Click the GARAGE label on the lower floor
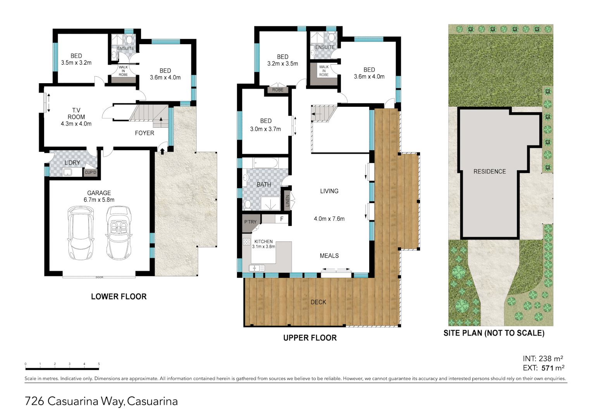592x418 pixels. click(x=99, y=193)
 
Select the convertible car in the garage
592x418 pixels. click(x=119, y=233)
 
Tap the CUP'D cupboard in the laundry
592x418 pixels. click(x=90, y=172)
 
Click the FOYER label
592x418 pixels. click(x=145, y=133)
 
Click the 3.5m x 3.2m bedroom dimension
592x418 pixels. click(x=76, y=63)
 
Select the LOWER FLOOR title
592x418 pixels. click(x=119, y=297)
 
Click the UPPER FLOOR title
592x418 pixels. click(x=310, y=338)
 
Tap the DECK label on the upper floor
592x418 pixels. click(x=318, y=302)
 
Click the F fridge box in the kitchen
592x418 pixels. click(x=282, y=219)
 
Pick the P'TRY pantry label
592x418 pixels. click(x=250, y=222)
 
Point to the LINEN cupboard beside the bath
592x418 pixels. click(x=287, y=200)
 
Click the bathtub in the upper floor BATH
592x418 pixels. click(x=265, y=163)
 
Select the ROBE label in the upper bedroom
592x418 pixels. click(x=277, y=90)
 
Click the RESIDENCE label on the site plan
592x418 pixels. click(x=489, y=171)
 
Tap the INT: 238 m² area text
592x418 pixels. click(x=543, y=359)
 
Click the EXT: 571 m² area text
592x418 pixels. click(x=543, y=368)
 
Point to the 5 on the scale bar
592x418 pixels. click(x=99, y=364)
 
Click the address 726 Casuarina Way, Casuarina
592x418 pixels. click(x=101, y=401)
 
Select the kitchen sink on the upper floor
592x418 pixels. click(x=256, y=268)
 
